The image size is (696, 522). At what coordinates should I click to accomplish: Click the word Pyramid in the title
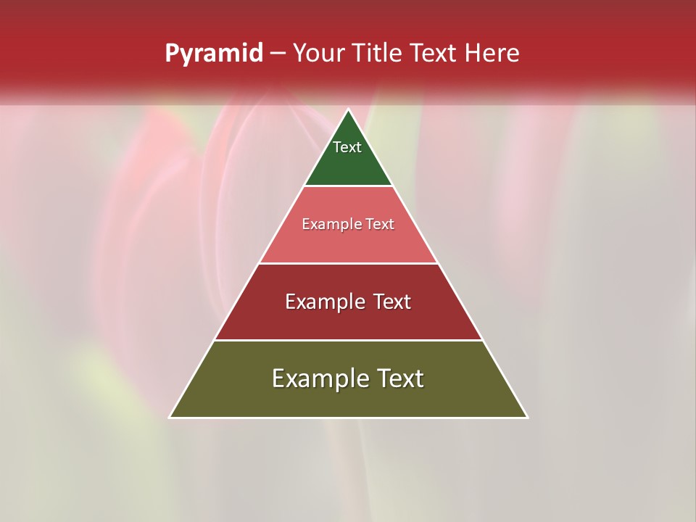tap(213, 54)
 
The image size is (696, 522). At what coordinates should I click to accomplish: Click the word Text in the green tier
tap(347, 147)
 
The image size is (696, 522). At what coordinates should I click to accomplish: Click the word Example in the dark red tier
tap(320, 302)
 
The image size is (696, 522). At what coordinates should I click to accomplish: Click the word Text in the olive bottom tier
tap(397, 378)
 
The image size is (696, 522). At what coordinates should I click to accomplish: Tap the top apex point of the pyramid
tap(348, 110)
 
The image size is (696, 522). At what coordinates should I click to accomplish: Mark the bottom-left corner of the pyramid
tap(170, 417)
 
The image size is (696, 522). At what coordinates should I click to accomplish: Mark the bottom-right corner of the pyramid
tap(526, 417)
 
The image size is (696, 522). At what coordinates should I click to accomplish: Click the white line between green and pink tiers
tap(348, 186)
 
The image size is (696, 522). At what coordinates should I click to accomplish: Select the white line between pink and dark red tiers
tap(348, 263)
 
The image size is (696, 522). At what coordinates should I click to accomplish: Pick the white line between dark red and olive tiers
tap(348, 340)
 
